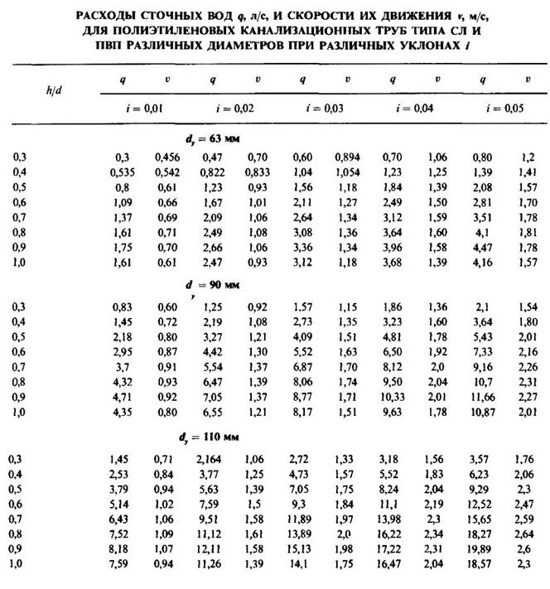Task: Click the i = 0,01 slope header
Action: click(x=137, y=108)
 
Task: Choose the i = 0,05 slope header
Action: click(x=506, y=108)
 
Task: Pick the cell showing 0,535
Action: click(x=124, y=170)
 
